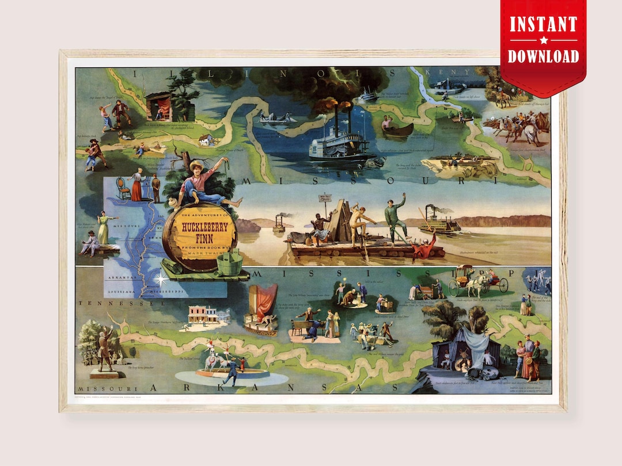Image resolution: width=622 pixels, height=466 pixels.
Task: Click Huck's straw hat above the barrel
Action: coord(197,166)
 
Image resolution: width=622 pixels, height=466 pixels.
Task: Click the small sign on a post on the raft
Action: coord(326,197)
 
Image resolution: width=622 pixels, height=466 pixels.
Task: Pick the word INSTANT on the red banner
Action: coord(543,25)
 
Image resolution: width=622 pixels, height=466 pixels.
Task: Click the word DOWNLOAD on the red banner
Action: coord(543,56)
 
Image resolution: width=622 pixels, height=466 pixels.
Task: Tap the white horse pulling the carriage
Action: coord(477,284)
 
